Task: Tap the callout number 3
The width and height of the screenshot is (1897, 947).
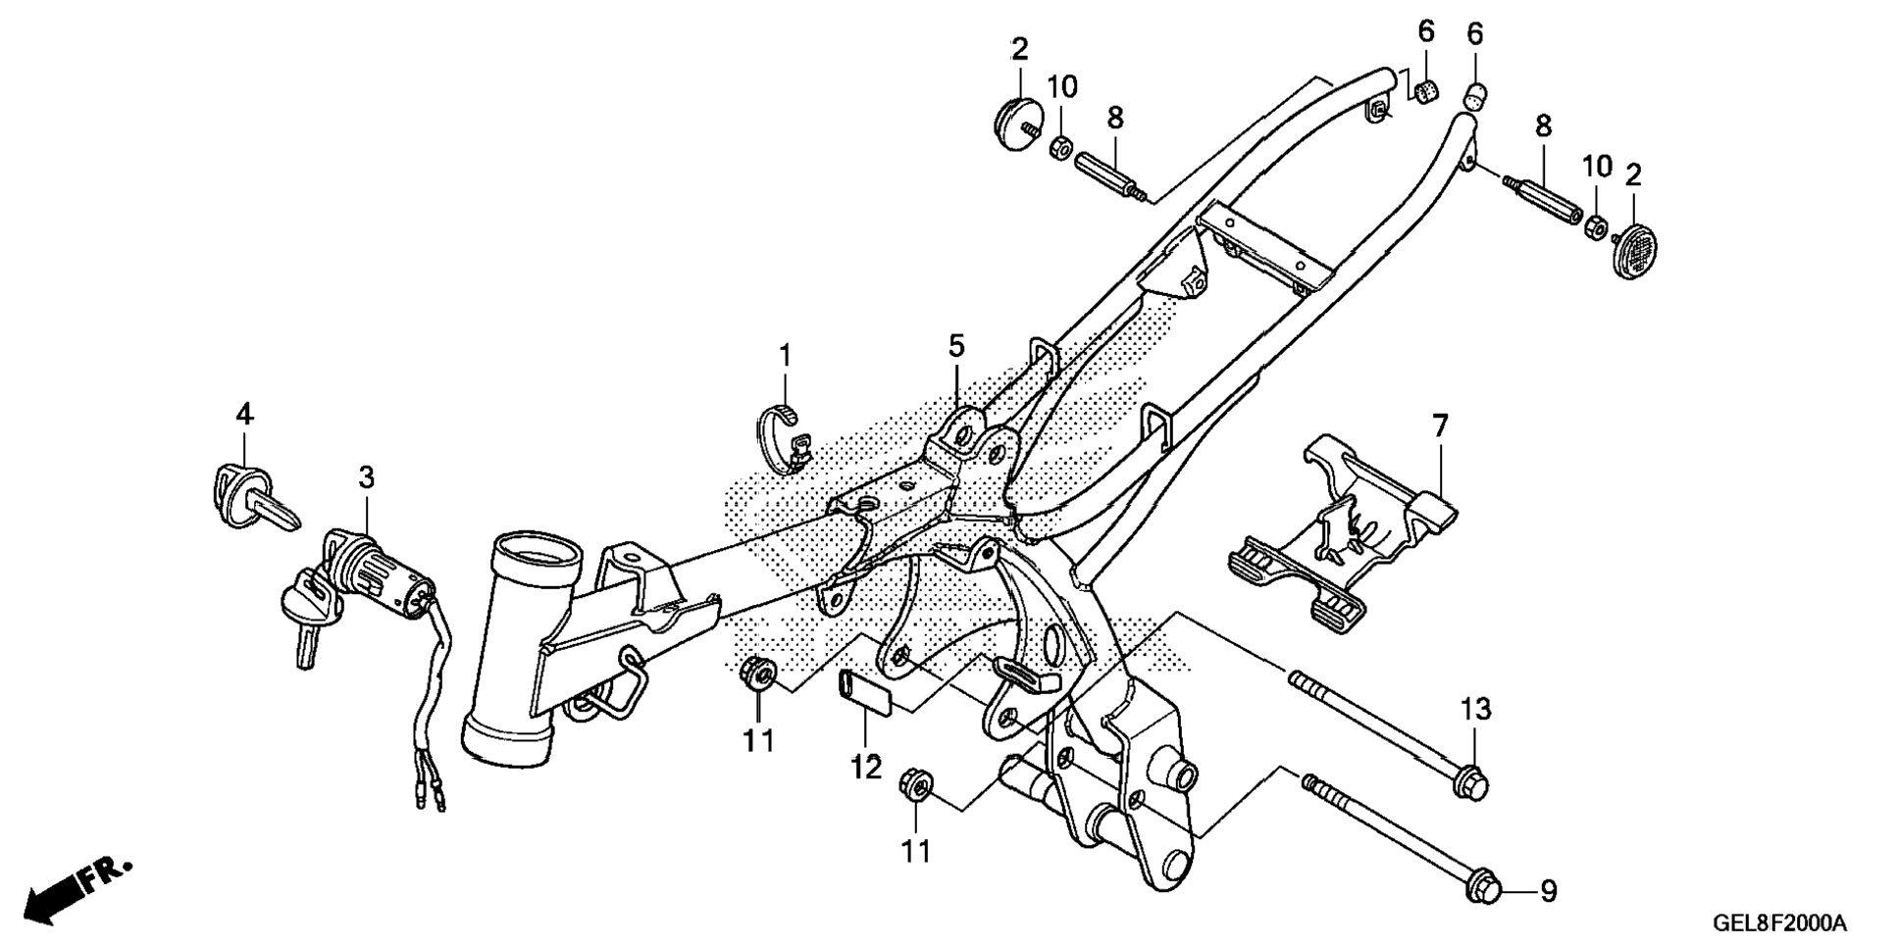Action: pos(366,478)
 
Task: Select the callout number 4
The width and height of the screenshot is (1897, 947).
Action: pos(244,415)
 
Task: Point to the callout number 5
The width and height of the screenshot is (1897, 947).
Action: pos(956,345)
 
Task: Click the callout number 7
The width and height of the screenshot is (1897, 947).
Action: pos(1439,426)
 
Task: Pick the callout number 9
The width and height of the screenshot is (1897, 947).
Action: pos(1547,891)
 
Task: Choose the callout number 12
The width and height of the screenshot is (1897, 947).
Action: pos(866,767)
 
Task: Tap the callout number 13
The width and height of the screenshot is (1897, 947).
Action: pos(1476,709)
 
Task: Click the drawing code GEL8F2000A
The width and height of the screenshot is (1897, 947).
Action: pos(1779,923)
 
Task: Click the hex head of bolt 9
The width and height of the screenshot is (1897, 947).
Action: pos(1481,888)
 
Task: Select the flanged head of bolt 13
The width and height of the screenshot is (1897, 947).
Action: pos(1470,781)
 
